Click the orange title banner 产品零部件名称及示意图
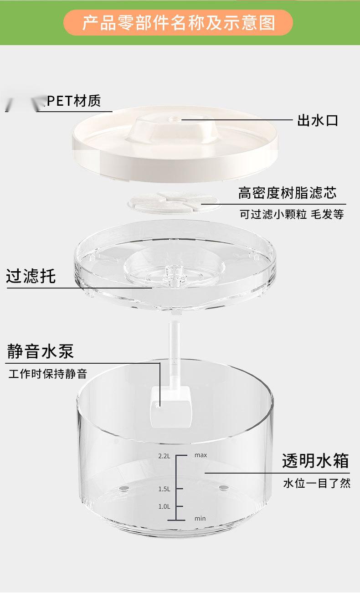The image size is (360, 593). pos(178,22)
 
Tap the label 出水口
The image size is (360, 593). pos(317,121)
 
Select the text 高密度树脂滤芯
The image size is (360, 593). pos(287,193)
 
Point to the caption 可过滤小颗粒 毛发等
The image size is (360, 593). pos(292,214)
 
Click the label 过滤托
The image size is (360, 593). pos(31,276)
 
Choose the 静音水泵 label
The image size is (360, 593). pos(40,351)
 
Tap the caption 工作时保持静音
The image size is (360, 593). pos(48,374)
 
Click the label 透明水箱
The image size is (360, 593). pos(315,461)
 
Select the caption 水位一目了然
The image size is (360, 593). pos(317,483)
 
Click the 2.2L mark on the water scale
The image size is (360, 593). pos(164,455)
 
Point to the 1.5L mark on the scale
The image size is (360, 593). pos(164,489)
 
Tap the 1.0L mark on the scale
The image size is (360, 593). pos(164,506)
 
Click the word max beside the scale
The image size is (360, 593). pos(201,455)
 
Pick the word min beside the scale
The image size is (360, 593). pos(200,518)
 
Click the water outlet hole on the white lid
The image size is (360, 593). pos(175,119)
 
